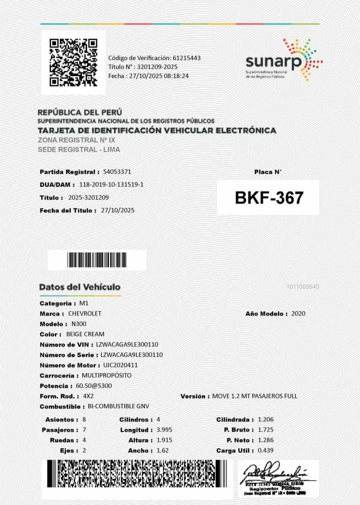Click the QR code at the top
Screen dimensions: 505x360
click(73, 62)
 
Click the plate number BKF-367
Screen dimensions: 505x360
click(269, 197)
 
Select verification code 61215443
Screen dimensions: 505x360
click(185, 58)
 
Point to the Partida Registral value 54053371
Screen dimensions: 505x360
click(117, 172)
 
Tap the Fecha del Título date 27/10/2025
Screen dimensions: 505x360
click(118, 210)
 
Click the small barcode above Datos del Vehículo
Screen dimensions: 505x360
click(97, 260)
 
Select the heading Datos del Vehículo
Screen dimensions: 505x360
click(80, 287)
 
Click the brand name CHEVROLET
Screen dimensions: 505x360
click(85, 314)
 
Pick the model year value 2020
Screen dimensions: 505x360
click(298, 314)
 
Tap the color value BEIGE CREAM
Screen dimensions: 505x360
click(85, 334)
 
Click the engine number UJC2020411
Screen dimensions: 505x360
click(120, 365)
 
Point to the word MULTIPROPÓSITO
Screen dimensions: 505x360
click(106, 375)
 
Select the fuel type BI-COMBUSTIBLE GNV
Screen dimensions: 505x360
click(118, 407)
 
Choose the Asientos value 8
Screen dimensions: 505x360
click(84, 420)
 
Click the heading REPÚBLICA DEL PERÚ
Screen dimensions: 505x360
click(80, 112)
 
